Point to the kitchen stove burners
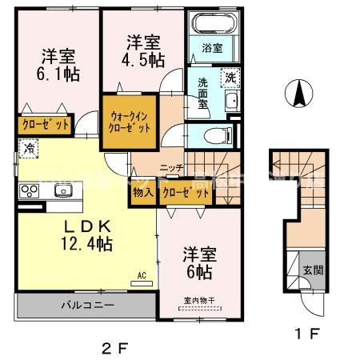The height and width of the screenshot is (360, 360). [x=30, y=190]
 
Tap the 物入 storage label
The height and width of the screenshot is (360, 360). [x=143, y=193]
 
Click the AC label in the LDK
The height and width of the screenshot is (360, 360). [x=142, y=277]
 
